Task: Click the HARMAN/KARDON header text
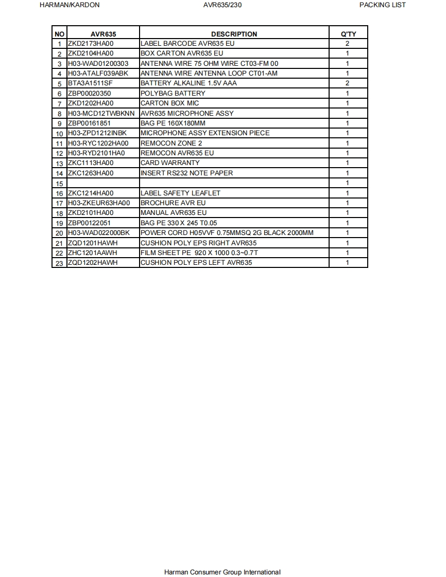click(70, 5)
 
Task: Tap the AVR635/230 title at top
click(222, 5)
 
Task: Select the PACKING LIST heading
click(382, 5)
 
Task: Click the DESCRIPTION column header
click(234, 34)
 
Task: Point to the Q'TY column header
click(348, 34)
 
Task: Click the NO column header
click(59, 34)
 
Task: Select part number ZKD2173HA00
click(91, 44)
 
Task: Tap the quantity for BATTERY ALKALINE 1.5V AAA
click(348, 83)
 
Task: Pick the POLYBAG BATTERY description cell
click(173, 93)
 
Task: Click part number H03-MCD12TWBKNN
click(101, 113)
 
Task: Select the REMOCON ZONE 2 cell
click(171, 143)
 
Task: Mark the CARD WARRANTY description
click(170, 163)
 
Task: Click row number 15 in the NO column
click(59, 184)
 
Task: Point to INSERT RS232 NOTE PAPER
click(186, 173)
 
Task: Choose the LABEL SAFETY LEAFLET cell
click(180, 193)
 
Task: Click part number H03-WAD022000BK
click(99, 233)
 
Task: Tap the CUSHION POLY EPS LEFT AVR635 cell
click(196, 263)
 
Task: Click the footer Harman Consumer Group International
click(222, 572)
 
